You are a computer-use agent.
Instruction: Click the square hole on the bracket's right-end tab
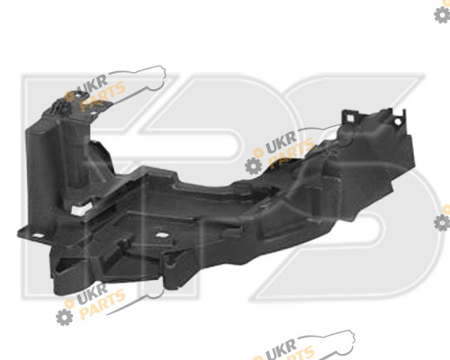coord(350,118)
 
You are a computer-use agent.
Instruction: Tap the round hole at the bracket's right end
coord(398,122)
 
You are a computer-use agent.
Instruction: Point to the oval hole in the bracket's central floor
coord(161,235)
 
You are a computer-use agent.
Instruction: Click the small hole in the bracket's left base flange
coord(37,236)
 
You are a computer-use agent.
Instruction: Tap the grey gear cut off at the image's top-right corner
coord(442,14)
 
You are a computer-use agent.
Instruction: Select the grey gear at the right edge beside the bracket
coord(442,222)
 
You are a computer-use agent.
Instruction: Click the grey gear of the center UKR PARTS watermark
coord(254,166)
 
